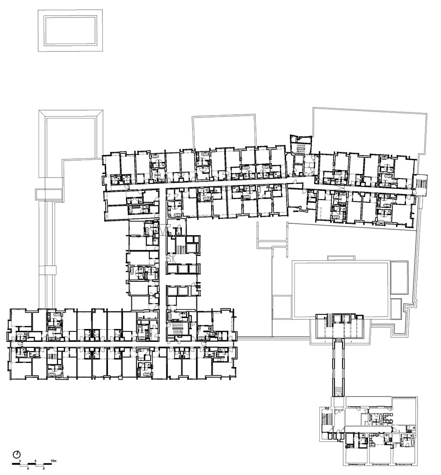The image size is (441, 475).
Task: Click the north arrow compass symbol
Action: coord(17,454)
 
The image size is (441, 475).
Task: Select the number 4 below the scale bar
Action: coord(28,468)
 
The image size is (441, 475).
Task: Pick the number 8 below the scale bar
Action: coord(44,468)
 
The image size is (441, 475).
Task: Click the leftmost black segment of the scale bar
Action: coord(16,464)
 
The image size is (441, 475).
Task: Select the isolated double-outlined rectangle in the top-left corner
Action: coord(70,31)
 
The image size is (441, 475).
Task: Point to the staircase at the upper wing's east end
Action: coord(421,183)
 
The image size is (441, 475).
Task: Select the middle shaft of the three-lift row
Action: coord(183,269)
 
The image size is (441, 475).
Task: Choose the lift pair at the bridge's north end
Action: coord(341,319)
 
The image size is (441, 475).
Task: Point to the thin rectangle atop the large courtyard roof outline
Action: coord(341,258)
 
